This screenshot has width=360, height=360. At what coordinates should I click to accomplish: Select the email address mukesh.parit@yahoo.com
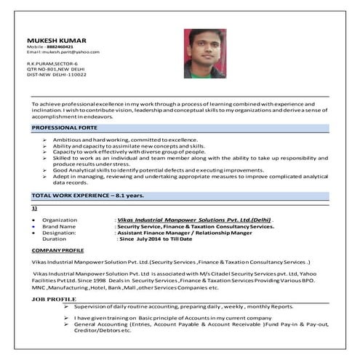coord(70,52)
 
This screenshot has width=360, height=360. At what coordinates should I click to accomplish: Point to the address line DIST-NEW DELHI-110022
coord(57,74)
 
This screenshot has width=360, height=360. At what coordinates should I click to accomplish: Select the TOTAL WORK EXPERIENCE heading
coord(87,196)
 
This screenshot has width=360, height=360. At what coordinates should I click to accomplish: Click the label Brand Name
coord(59,226)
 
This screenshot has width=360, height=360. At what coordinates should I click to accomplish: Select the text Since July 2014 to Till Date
coord(155,239)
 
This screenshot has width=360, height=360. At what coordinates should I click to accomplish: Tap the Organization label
coord(60,219)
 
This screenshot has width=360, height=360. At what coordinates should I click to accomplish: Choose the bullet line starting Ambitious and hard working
coord(125,139)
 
